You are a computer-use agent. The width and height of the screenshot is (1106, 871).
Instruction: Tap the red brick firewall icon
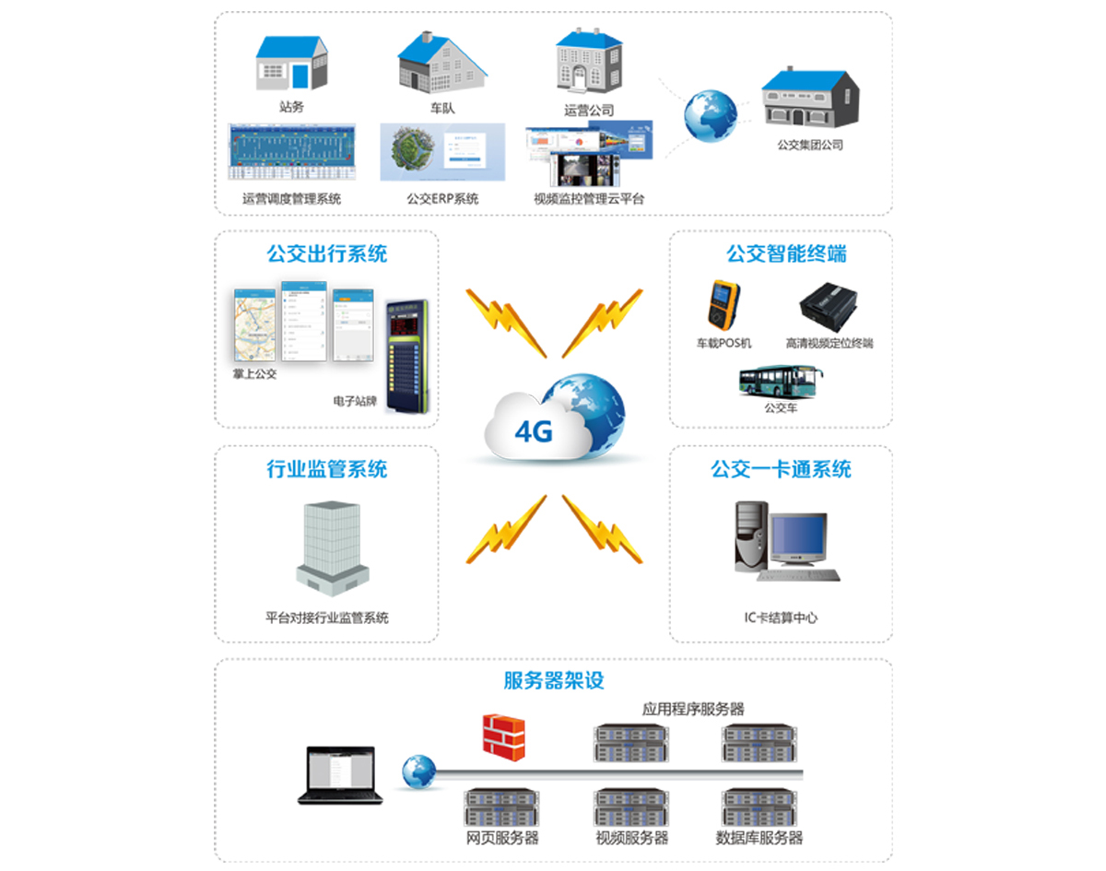(503, 736)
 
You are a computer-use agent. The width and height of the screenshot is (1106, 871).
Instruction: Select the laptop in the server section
(339, 774)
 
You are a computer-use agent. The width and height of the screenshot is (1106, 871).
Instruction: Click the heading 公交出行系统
(327, 253)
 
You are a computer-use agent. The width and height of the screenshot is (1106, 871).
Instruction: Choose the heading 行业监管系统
(327, 469)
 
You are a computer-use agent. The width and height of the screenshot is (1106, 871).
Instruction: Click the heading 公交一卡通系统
(781, 469)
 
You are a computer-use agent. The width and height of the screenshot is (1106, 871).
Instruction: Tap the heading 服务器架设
(554, 681)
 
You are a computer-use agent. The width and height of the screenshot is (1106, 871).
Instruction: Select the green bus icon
(781, 381)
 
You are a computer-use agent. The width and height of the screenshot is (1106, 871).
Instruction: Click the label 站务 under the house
(291, 107)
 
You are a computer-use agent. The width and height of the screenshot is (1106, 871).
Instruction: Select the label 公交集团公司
(810, 145)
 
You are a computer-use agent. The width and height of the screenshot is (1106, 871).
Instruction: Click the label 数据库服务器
(759, 838)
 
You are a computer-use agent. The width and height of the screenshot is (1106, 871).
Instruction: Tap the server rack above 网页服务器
(501, 807)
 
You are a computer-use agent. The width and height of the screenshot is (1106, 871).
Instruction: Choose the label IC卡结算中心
(781, 618)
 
